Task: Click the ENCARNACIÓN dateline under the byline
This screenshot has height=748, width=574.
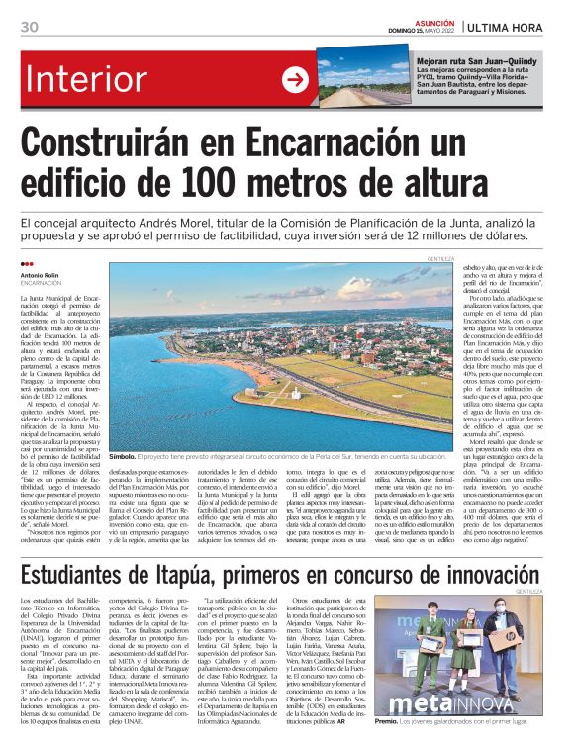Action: click(x=42, y=282)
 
